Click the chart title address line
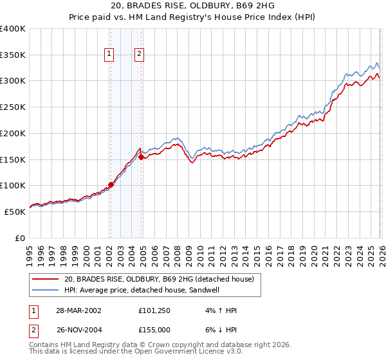(192, 6)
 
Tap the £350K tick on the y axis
(13, 55)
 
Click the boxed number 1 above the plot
(109, 55)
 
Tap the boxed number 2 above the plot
(139, 55)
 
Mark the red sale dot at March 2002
(111, 184)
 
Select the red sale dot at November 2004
(141, 156)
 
